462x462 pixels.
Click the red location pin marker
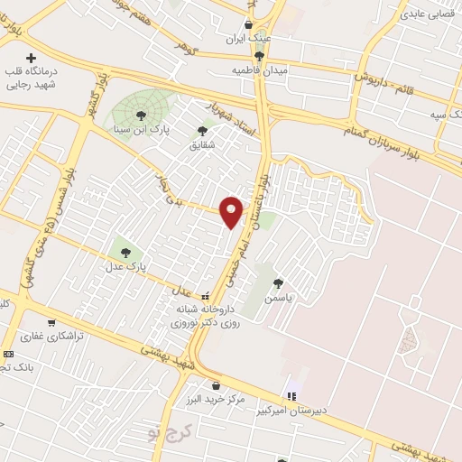coord(232,211)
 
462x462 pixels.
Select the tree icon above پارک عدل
coord(124,252)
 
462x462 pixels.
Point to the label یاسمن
coord(279,295)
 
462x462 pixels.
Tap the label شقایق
coord(202,144)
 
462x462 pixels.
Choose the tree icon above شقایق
coord(202,131)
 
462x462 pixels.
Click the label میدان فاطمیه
coord(258,70)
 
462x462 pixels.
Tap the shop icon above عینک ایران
coord(249,24)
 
